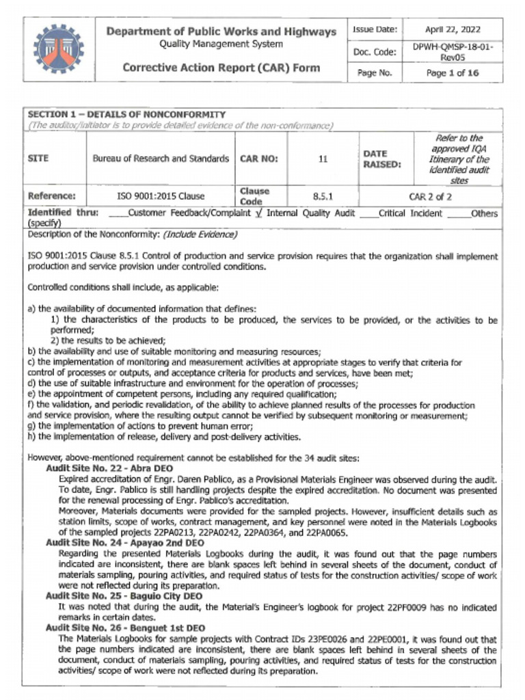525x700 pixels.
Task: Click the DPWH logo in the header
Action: point(58,49)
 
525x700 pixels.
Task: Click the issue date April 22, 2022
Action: point(452,29)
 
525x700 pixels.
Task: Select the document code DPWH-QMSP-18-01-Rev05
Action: point(452,52)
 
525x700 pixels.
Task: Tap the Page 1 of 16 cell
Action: point(452,72)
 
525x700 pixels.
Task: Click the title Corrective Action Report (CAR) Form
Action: point(220,68)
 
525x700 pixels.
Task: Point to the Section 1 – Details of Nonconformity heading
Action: point(126,114)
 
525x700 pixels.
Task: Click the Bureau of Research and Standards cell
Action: point(161,159)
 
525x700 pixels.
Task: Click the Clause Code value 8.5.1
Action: point(322,196)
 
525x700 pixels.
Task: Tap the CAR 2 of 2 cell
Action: point(430,196)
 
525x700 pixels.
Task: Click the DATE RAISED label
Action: point(375,159)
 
